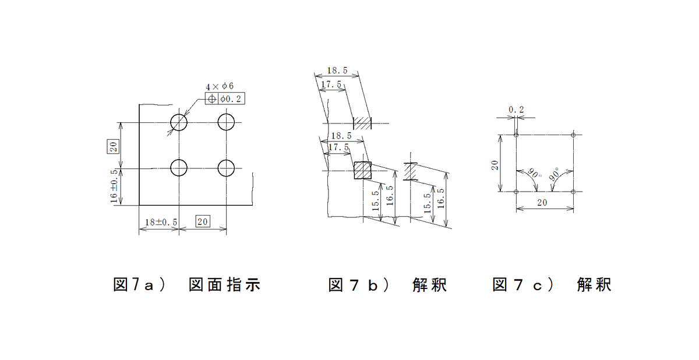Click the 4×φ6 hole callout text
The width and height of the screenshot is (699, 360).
pos(220,86)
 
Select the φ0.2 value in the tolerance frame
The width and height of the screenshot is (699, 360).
pos(231,99)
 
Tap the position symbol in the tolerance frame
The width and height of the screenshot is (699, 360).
pos(212,99)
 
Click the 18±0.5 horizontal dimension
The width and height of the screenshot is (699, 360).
pos(161,222)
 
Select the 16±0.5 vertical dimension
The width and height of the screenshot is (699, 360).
pos(114,186)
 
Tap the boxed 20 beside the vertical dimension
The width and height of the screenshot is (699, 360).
pos(113,146)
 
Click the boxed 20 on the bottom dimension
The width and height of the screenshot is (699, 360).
pos(203,221)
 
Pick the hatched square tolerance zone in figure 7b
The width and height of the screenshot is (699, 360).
pos(362,170)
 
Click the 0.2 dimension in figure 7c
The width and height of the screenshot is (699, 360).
pos(516,110)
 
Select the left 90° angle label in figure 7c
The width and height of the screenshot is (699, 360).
pos(535,173)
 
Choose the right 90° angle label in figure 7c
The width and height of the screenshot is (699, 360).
pos(555,174)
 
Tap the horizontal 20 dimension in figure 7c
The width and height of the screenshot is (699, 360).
pos(542,203)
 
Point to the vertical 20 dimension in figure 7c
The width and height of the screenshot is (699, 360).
pos(495,165)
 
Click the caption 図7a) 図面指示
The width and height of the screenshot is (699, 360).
pos(186,284)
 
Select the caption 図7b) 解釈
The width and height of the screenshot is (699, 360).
pos(388,284)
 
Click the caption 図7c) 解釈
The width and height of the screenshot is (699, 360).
pos(552,284)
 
